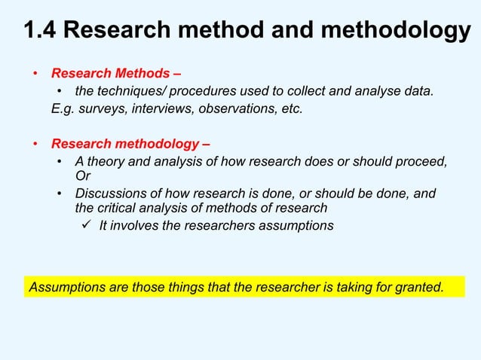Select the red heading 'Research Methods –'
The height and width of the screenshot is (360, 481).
pos(115,75)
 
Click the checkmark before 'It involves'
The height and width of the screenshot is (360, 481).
pos(87,225)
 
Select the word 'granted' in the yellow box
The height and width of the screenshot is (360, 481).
pos(419,286)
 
